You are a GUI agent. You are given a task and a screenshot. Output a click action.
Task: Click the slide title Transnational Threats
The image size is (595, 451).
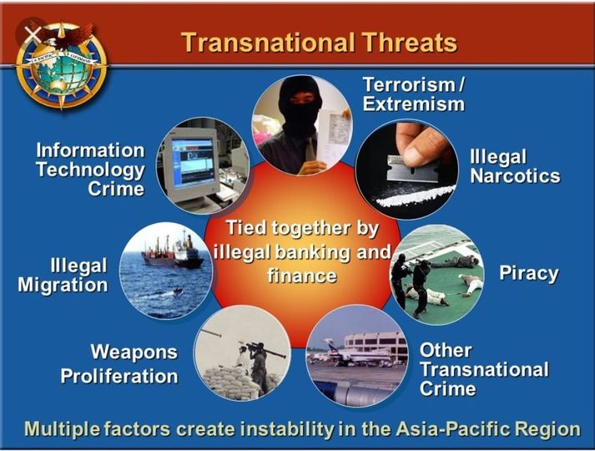(319, 42)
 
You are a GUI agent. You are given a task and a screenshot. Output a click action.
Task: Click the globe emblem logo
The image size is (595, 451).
(61, 63)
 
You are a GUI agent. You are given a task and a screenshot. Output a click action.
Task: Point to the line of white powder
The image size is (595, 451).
(416, 195)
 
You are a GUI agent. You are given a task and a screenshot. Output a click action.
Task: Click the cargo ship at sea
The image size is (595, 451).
(173, 252)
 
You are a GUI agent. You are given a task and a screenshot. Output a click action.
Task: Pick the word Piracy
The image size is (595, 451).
(528, 273)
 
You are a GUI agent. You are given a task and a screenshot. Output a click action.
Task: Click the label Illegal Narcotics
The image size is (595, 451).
(515, 167)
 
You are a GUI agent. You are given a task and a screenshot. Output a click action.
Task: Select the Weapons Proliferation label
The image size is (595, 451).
(119, 364)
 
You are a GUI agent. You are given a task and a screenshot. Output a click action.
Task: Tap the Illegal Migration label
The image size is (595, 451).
(63, 276)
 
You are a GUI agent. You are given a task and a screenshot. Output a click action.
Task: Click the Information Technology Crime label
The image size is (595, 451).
(90, 169)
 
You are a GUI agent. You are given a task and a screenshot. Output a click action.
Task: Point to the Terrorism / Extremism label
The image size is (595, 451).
(414, 94)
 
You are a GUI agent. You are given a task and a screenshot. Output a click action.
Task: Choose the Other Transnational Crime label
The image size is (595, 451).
(484, 369)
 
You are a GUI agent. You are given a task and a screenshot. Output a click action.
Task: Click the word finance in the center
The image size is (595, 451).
(302, 275)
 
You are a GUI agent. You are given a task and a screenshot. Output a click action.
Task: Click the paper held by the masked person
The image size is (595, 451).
(335, 131)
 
